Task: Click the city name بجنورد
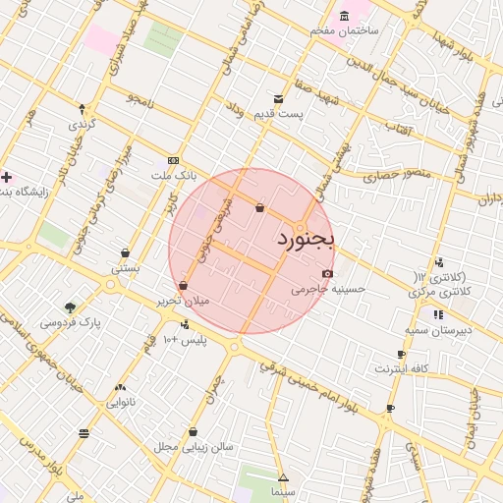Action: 306,240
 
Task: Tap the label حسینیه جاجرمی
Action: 328,290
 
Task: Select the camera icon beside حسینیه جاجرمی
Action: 327,274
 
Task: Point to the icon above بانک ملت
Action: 174,160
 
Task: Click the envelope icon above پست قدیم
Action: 279,99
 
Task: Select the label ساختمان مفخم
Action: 345,31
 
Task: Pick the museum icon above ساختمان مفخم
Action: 344,17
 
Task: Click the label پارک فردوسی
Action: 71,321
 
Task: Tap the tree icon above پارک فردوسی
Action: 69,307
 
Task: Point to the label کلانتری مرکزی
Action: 439,293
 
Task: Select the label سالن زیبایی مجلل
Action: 194,446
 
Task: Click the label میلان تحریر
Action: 184,301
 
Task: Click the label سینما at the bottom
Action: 283,489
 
